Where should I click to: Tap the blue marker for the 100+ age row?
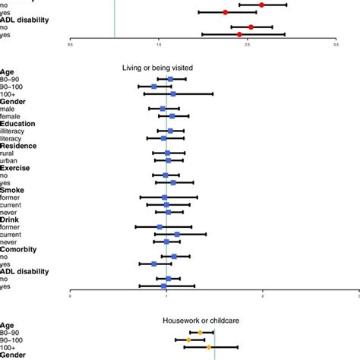173,94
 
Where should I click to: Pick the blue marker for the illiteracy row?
170,131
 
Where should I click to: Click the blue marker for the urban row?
169,160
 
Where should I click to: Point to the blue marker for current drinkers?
178,234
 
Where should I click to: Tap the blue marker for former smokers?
165,197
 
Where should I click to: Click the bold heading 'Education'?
17,123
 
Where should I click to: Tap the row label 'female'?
11,116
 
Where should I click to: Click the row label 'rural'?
8,153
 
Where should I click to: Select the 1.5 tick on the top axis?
158,44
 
